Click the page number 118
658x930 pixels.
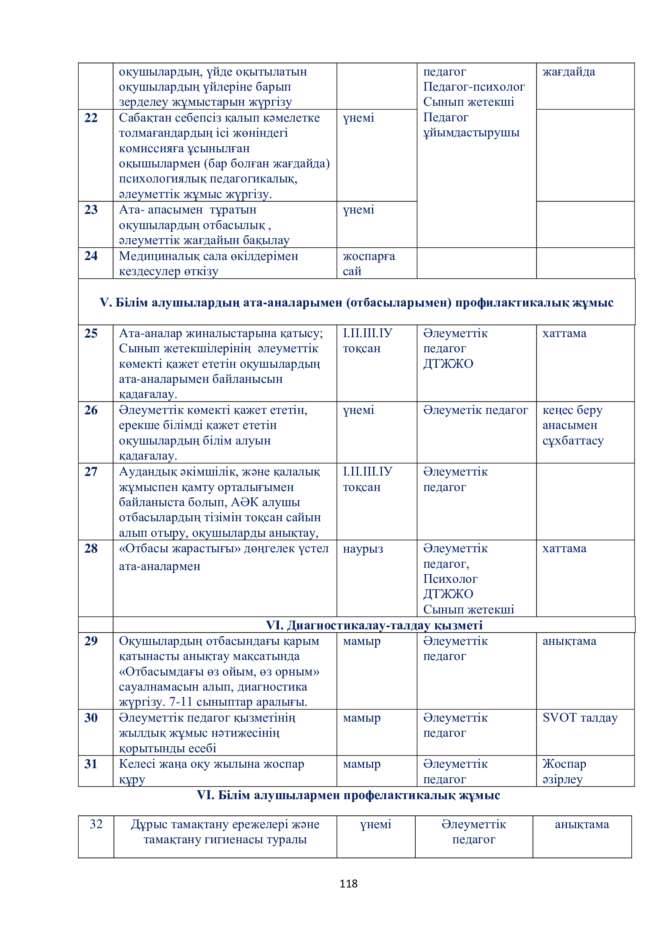coord(348,883)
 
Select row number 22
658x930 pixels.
coord(91,118)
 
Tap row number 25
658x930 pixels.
coord(91,333)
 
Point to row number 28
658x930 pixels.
coord(91,548)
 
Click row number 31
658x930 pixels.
coord(91,764)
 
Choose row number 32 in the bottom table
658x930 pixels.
coord(96,824)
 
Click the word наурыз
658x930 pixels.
coord(363,549)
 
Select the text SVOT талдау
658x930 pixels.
coord(580,718)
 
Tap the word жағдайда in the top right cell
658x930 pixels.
coord(568,72)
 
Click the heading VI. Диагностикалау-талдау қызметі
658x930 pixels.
coord(374,625)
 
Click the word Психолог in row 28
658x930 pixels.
coord(450,579)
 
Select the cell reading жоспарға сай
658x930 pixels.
coord(368,263)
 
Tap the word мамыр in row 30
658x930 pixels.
coord(361,718)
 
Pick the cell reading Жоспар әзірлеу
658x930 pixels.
coord(564,771)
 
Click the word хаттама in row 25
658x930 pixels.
coord(564,333)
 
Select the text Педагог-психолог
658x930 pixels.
coord(474,87)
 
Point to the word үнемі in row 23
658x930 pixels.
coord(358,210)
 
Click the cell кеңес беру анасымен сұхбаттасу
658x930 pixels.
coord(572,425)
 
